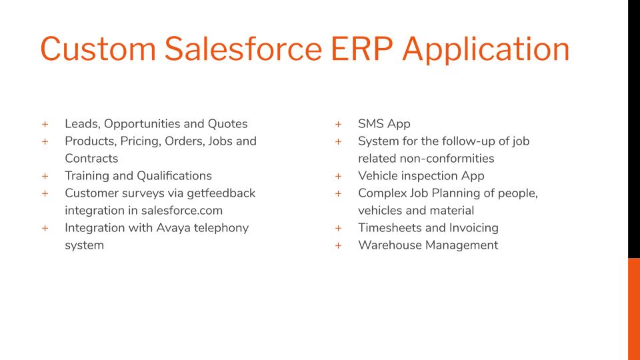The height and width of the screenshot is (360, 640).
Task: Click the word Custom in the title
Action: [x=98, y=49]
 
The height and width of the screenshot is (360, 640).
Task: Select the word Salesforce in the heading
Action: [x=243, y=49]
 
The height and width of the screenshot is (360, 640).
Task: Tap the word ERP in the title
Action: [x=361, y=49]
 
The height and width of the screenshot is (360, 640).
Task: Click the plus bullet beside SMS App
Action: [x=339, y=124]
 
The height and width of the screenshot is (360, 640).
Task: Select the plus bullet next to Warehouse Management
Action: [x=339, y=245]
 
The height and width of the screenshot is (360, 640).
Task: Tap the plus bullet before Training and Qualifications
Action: [x=45, y=176]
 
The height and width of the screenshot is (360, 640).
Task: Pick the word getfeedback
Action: [x=221, y=193]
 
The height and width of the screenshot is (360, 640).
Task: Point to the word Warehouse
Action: [x=390, y=245]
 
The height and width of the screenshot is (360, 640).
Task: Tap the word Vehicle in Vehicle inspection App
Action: [x=377, y=176]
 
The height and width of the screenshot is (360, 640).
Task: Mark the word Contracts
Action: [x=91, y=159]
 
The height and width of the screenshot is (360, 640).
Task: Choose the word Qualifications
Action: [x=174, y=176]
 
